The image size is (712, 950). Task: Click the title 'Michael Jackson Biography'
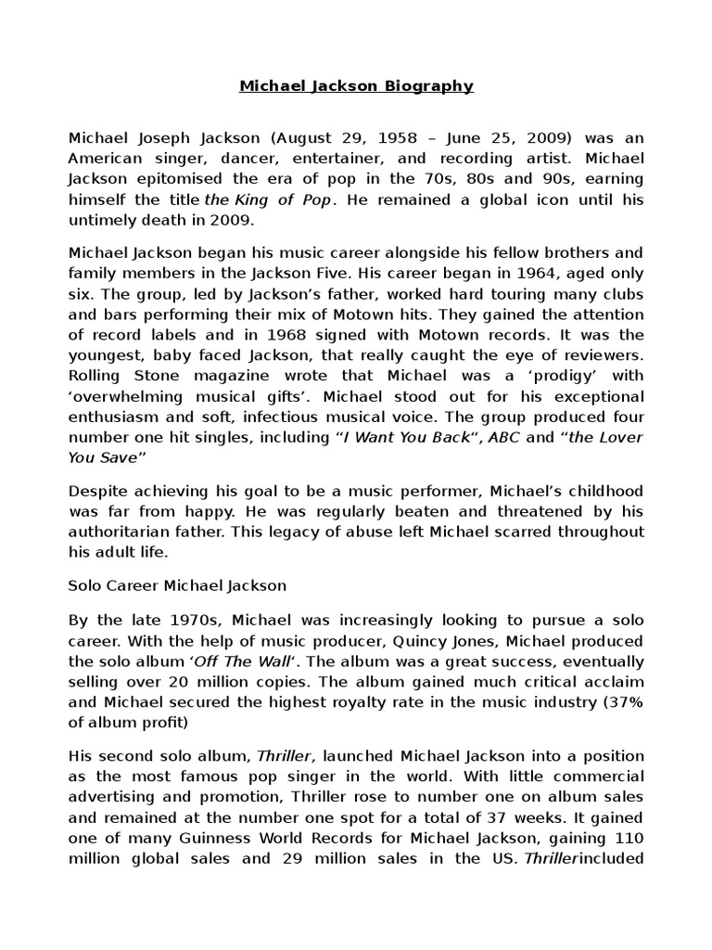(x=356, y=86)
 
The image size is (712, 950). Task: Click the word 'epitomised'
(x=175, y=179)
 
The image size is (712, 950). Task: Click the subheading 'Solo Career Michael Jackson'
(x=178, y=585)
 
